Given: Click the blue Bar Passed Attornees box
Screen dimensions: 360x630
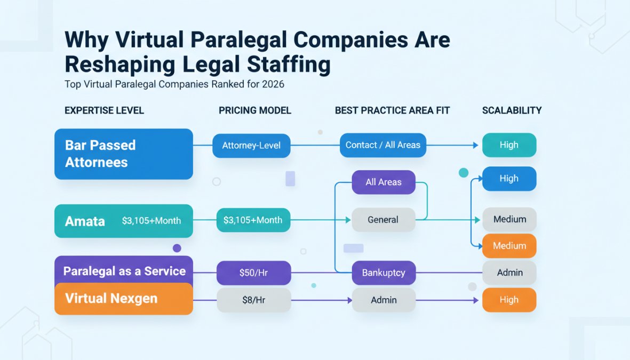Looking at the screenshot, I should click(123, 154).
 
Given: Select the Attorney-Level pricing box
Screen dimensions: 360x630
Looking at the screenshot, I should click(251, 145).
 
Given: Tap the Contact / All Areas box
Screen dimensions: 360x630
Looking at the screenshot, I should click(383, 145).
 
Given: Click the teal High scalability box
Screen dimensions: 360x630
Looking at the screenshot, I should click(509, 145).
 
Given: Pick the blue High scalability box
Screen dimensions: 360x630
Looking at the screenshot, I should click(509, 179).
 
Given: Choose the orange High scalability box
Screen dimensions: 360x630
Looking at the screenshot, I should click(509, 300).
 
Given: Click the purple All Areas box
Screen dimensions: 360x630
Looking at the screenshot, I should click(383, 182).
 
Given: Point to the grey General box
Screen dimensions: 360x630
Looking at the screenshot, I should click(383, 220).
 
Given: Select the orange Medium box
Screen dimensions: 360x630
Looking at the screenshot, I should click(509, 246).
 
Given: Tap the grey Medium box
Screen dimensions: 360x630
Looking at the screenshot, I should click(509, 219).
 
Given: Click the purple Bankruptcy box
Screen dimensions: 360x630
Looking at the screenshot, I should click(383, 273).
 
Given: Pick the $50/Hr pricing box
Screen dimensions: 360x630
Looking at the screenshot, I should click(253, 273).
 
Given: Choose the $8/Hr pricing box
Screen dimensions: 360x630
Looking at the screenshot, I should click(253, 300).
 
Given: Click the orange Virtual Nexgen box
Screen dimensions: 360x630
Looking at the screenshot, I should click(123, 299).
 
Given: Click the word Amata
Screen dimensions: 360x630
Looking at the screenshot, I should click(85, 221).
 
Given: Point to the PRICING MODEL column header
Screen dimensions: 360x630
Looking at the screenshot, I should click(254, 110).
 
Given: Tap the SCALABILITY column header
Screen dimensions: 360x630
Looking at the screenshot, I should click(512, 110).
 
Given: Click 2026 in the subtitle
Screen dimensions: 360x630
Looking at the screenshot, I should click(273, 84).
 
